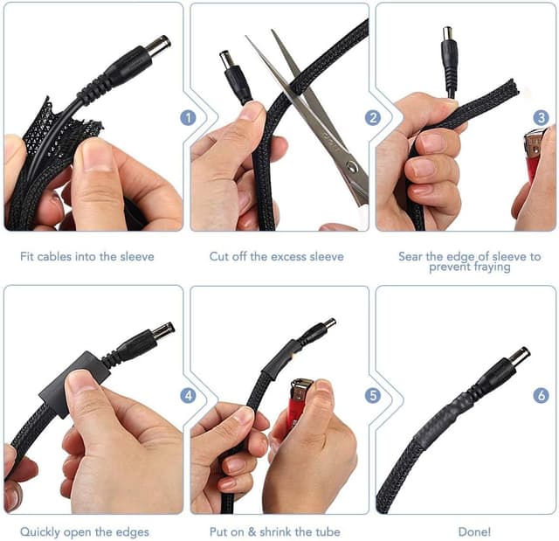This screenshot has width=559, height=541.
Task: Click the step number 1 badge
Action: coord(188,118)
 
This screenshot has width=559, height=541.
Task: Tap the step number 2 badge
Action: coord(373,118)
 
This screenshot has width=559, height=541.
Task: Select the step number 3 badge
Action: coord(541,118)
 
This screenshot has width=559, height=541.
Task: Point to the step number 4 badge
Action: coord(188,396)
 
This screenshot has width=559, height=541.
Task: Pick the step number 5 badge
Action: coord(373,396)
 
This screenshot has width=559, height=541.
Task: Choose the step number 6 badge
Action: coord(541,396)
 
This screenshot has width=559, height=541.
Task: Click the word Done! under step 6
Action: coord(474,531)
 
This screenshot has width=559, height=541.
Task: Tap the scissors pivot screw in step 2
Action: coord(352,165)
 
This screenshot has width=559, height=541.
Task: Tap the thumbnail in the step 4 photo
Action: coord(83,381)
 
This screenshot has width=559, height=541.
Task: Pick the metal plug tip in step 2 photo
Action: coord(227,59)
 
